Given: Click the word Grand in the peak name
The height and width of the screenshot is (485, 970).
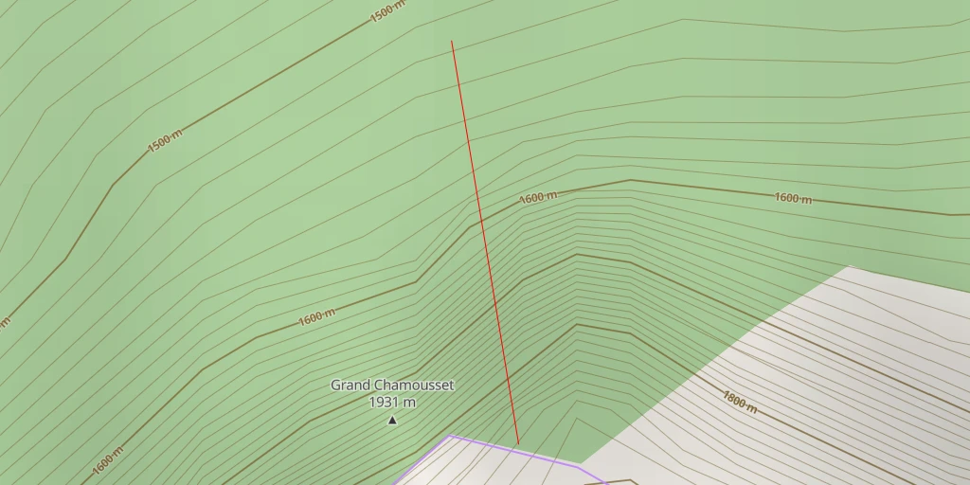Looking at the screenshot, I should tap(350, 386).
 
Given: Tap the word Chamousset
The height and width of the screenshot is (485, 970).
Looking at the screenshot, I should tap(414, 386).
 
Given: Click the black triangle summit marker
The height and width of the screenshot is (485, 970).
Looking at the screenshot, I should tap(392, 420).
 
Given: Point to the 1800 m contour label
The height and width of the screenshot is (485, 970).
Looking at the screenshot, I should tap(739, 401).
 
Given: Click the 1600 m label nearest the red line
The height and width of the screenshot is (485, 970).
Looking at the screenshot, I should tap(537, 198).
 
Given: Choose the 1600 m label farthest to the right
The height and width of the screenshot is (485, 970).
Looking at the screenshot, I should tap(793, 198).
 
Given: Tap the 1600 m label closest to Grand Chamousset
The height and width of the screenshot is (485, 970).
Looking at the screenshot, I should tap(316, 317).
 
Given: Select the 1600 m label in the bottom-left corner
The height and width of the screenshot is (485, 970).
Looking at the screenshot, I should tap(108, 460).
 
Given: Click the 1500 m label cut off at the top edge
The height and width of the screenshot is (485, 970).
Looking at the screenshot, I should tap(387, 10).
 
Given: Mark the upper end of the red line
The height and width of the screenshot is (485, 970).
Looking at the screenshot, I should tap(452, 41).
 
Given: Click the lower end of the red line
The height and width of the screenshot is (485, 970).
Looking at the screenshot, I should tap(518, 443).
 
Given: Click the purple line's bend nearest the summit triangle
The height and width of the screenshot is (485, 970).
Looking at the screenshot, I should tap(451, 436).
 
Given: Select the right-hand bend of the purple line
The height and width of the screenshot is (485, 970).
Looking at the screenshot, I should tap(579, 466).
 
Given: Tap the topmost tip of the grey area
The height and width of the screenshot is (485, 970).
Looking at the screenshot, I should tap(850, 266).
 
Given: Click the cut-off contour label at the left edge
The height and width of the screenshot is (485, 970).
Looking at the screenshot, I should tap(4, 323).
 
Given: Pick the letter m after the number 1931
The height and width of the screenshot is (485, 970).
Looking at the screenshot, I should tap(409, 403).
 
